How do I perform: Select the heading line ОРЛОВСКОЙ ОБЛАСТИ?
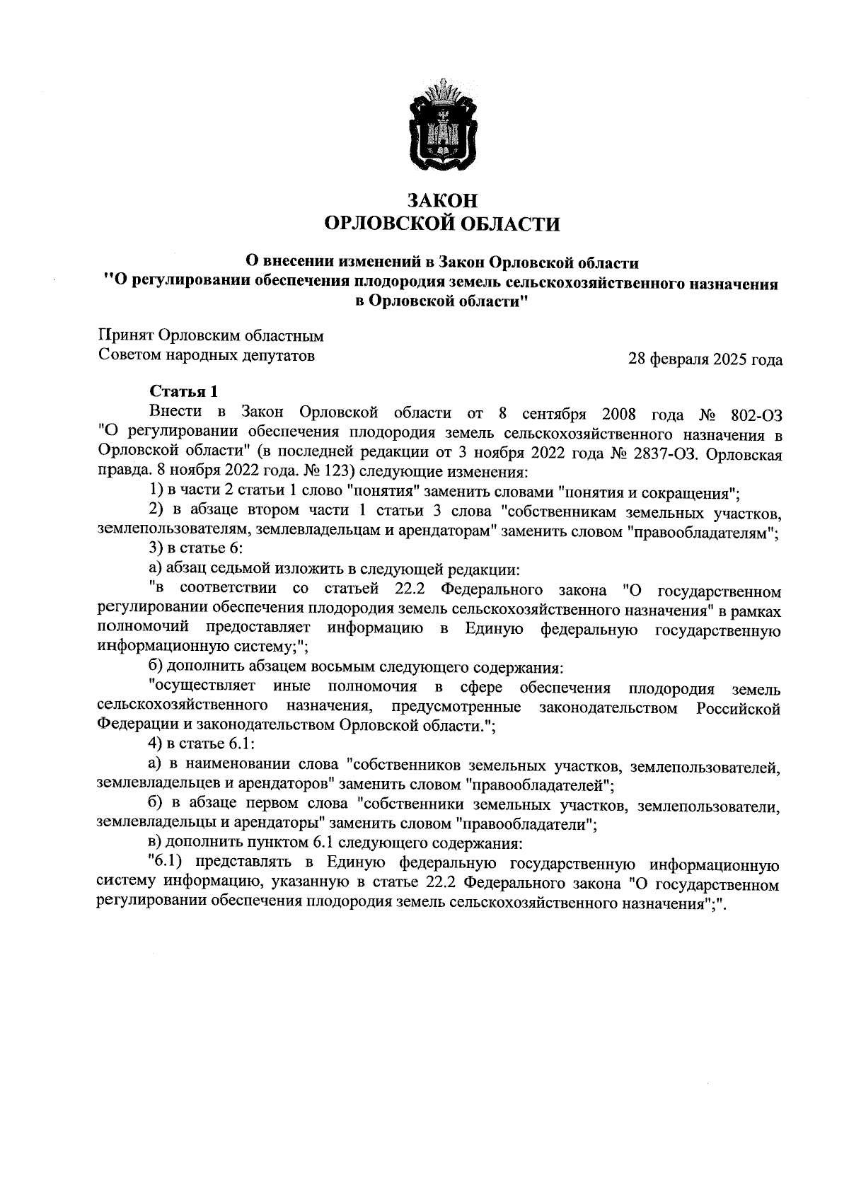[x=441, y=224]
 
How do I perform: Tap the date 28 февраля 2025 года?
[x=705, y=360]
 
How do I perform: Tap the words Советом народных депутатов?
[x=206, y=355]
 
